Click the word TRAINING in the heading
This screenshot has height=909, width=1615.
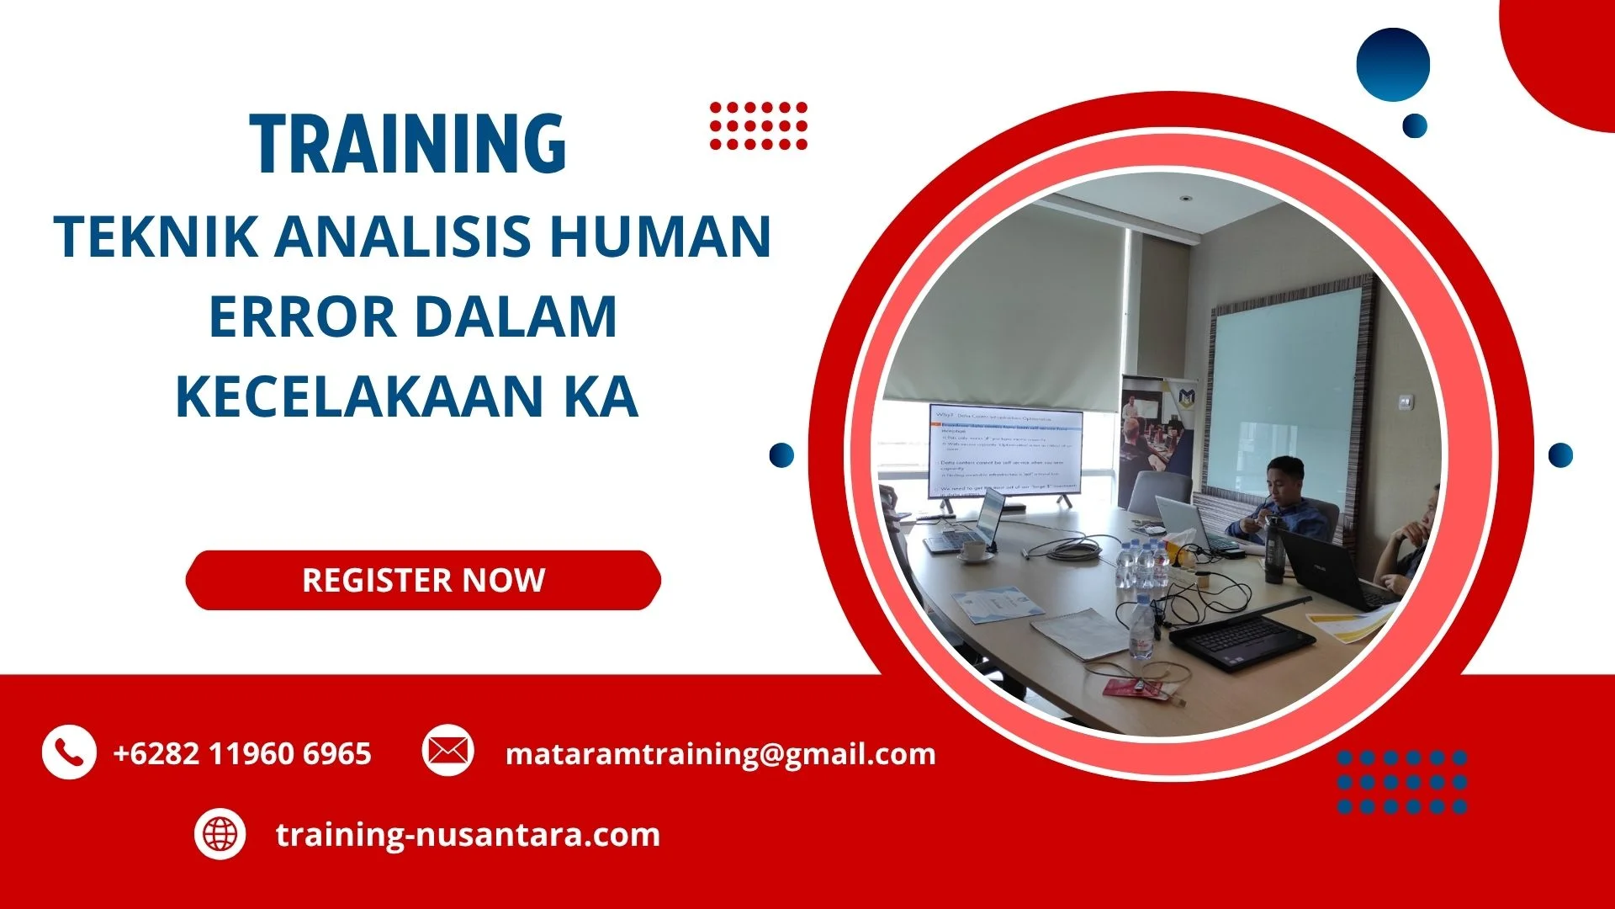point(408,145)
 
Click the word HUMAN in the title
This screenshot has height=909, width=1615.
point(660,237)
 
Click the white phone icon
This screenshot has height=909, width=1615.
point(68,752)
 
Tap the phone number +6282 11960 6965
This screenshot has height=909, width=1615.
point(242,753)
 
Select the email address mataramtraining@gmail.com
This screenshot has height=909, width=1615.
point(720,753)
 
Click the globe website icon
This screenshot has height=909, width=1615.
point(220,834)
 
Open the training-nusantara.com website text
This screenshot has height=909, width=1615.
point(468,835)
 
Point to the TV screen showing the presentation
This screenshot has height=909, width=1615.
point(1005,452)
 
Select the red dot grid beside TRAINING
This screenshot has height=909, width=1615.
point(758,126)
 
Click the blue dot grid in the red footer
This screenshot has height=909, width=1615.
point(1401,782)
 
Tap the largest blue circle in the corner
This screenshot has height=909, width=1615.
point(1393,65)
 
